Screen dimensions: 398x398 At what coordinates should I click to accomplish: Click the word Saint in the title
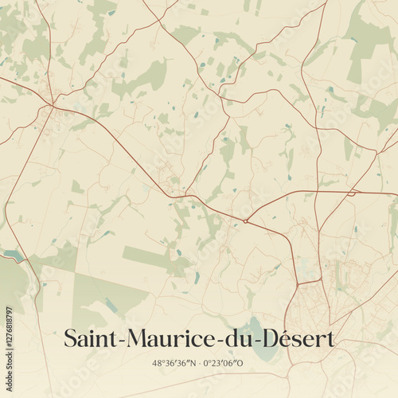[89, 338]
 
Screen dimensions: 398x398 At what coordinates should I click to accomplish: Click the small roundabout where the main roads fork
[247, 220]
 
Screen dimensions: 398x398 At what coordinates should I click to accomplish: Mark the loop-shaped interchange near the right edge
[351, 193]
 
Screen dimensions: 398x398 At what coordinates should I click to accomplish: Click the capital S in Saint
[70, 338]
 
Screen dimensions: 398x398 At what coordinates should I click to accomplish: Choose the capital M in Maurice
[131, 338]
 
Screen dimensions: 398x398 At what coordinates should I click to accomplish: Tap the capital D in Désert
[263, 338]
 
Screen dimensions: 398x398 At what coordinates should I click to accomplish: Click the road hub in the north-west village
[52, 104]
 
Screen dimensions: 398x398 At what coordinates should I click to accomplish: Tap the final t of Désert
[330, 339]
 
